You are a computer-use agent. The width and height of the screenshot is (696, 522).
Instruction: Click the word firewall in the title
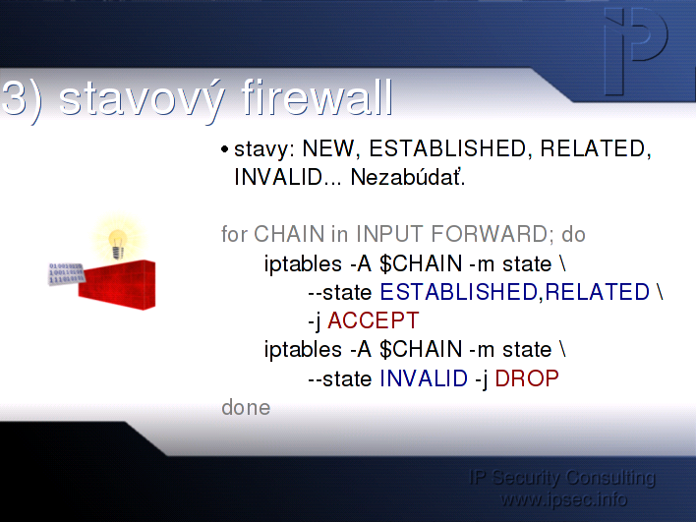318,97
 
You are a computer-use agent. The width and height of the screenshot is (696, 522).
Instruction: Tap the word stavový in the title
141,100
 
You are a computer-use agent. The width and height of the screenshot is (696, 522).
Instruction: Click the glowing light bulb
118,244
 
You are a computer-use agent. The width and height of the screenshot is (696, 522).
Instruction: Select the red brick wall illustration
117,284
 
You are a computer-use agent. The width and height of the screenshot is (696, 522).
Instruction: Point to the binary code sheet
66,273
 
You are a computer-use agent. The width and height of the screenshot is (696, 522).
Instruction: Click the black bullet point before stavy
224,149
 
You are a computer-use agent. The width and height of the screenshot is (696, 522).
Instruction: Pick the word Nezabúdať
408,178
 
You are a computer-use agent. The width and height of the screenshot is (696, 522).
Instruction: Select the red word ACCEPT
374,320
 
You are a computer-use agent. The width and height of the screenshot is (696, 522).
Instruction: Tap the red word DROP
527,378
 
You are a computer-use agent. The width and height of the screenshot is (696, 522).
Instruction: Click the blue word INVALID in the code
424,378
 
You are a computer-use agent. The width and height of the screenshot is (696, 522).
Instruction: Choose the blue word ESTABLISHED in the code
458,292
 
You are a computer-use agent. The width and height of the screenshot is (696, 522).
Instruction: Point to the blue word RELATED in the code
597,292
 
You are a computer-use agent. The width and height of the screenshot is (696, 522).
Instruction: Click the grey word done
246,408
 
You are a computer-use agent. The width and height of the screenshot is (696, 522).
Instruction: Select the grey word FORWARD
490,234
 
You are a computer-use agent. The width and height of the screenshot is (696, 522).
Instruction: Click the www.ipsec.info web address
563,499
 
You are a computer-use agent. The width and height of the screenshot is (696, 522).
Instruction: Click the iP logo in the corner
636,51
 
